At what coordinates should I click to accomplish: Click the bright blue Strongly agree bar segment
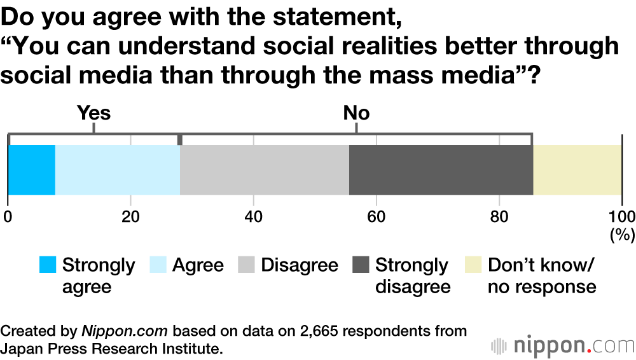31,170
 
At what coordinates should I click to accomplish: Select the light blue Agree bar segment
118,170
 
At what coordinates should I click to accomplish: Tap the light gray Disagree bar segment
265,170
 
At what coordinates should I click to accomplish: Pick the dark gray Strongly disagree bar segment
441,170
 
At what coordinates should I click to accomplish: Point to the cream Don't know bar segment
577,170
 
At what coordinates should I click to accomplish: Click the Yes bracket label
93,114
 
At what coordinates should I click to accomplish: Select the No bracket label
356,114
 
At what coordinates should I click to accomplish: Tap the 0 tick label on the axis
8,216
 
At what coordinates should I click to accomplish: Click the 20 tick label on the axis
131,216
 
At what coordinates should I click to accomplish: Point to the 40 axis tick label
254,216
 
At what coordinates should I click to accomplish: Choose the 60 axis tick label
377,216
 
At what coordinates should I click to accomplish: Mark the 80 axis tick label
499,216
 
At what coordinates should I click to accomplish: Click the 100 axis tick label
621,216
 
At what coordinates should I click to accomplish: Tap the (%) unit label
623,235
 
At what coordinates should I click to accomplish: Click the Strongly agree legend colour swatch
48,265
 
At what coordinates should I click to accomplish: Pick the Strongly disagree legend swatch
360,265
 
